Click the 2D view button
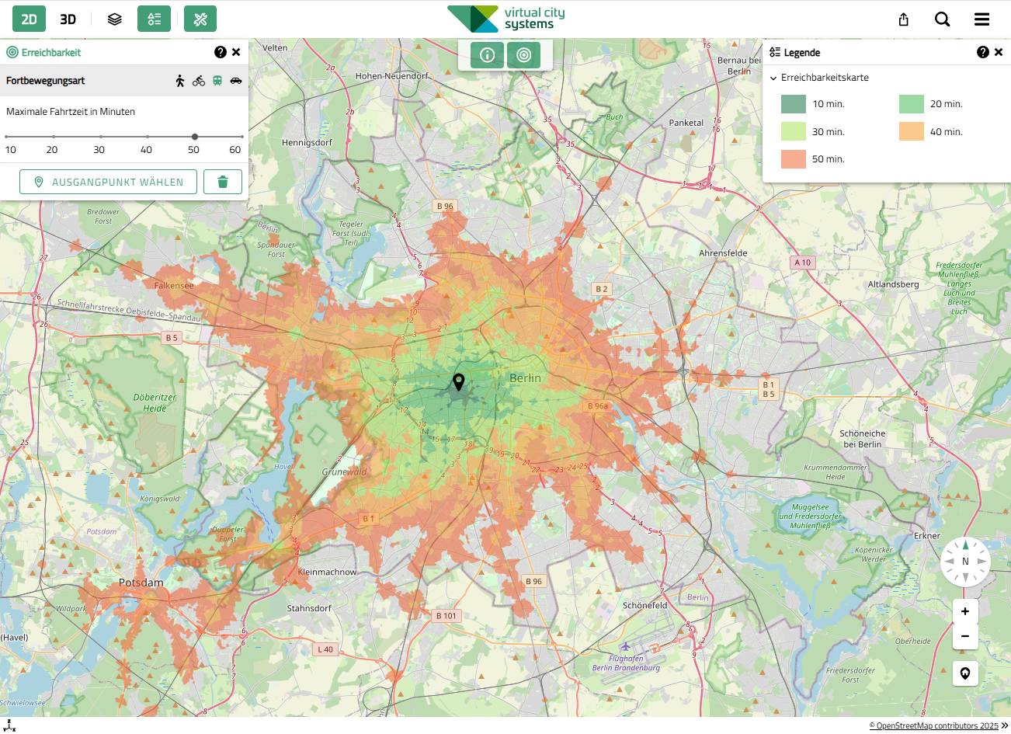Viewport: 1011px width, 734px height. tap(29, 19)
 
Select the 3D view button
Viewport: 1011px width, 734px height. tap(68, 19)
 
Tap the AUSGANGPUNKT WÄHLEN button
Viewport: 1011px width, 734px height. tap(108, 182)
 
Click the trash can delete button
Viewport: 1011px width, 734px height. tap(223, 182)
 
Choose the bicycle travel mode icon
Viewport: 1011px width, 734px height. tap(199, 81)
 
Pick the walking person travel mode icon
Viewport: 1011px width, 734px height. tap(180, 81)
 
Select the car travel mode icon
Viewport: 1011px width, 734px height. tap(236, 81)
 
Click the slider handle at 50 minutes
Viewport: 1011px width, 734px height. tap(194, 137)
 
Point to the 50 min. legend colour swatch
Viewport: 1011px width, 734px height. tap(793, 159)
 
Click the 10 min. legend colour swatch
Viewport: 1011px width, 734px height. tap(793, 104)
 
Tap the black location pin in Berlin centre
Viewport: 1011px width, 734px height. tap(459, 381)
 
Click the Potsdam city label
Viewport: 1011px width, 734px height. tap(141, 583)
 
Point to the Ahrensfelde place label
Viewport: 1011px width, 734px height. tap(723, 253)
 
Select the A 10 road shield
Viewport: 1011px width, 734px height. tap(802, 263)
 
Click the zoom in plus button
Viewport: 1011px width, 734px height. tap(965, 611)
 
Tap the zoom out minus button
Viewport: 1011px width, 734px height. tap(965, 636)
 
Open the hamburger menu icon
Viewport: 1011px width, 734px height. tap(981, 19)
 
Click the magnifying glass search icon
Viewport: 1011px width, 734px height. tap(942, 19)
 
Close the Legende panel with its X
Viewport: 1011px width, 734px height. tap(999, 52)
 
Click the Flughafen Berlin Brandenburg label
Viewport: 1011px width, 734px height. tap(626, 663)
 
